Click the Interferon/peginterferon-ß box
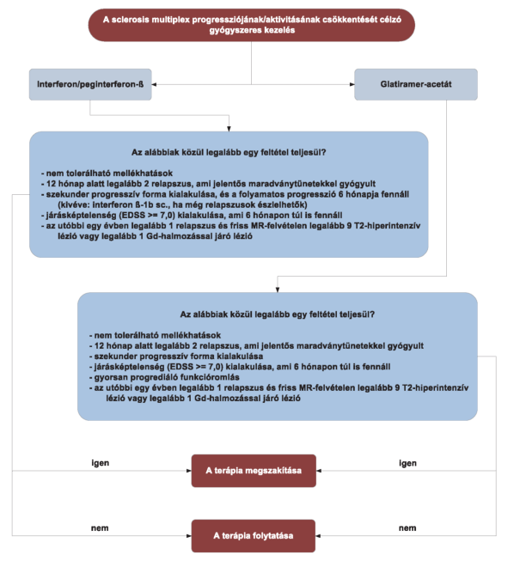coord(90,84)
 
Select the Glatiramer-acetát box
coord(416,84)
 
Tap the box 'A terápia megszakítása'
coord(254,471)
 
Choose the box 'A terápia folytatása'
coord(254,536)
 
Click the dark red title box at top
coord(252,25)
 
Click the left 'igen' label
coord(101,463)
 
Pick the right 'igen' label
coord(407,463)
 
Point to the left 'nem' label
coord(100,528)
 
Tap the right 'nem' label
coord(407,528)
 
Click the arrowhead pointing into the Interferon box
coord(154,84)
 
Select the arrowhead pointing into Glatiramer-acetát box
coord(352,84)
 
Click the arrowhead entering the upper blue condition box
coord(229,129)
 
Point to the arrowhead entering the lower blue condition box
coord(278,290)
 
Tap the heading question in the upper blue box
coord(229,152)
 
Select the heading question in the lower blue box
coord(277,314)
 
